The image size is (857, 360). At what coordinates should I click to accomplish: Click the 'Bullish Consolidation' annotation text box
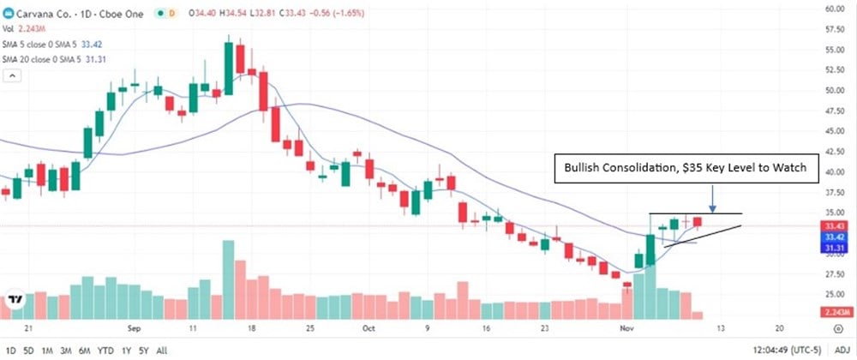click(x=686, y=170)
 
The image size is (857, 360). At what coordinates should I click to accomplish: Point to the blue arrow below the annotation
click(x=713, y=199)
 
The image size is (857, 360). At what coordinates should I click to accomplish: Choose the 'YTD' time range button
click(x=106, y=350)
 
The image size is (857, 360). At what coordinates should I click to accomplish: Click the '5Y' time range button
click(x=143, y=350)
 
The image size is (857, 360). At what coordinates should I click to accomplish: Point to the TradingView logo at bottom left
click(x=15, y=300)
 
